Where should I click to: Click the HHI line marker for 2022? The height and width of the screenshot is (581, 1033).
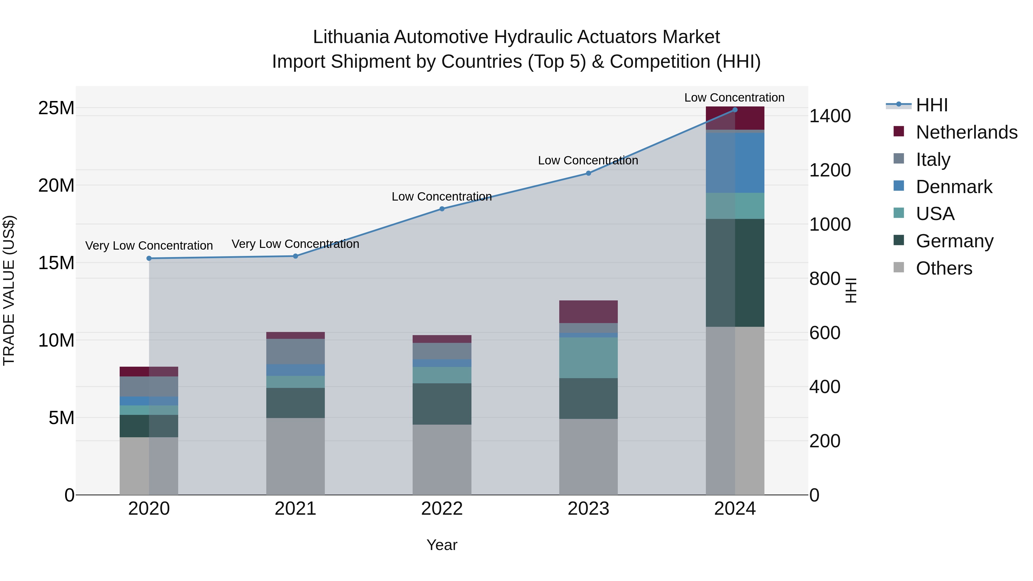(x=442, y=209)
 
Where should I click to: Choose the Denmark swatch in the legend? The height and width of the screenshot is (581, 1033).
(x=899, y=186)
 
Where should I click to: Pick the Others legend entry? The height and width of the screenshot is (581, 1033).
(x=944, y=268)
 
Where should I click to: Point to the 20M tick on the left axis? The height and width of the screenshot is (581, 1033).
(x=56, y=186)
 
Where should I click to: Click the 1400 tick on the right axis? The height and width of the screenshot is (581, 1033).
(x=830, y=116)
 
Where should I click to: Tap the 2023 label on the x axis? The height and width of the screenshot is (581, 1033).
(x=588, y=509)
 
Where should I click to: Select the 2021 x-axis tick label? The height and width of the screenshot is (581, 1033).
(x=296, y=509)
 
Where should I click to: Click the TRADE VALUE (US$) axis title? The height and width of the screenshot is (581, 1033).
(x=9, y=290)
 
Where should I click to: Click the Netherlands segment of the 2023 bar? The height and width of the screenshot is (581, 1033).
(x=588, y=312)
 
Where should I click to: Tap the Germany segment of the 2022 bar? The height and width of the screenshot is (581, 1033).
(x=442, y=404)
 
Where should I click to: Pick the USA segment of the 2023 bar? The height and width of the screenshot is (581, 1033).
(x=588, y=358)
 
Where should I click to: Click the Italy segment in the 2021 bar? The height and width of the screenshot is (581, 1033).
(x=296, y=351)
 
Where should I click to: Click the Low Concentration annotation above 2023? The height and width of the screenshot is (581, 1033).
(x=588, y=161)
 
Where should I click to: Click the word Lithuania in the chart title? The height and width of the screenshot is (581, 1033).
(x=351, y=37)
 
